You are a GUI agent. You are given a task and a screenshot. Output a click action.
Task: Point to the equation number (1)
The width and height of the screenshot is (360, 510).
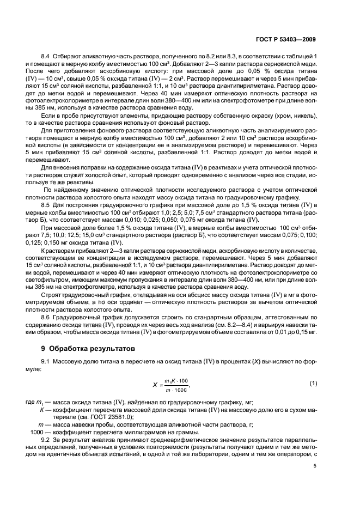[313, 383]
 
